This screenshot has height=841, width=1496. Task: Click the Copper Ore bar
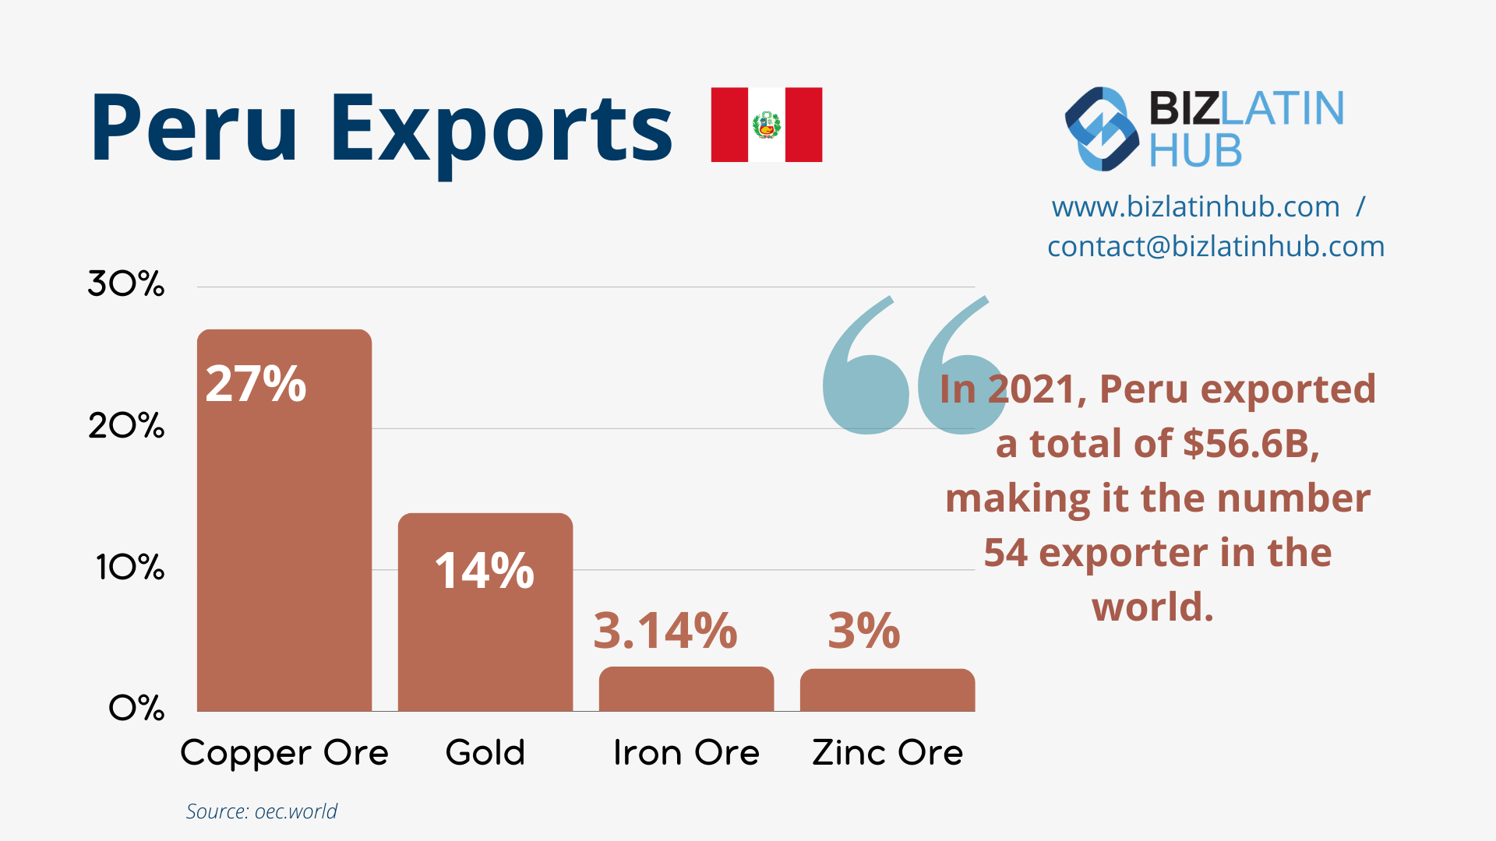[x=284, y=545]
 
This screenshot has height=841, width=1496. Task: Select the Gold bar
[x=485, y=639]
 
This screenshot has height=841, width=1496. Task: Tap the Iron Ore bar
[x=686, y=690]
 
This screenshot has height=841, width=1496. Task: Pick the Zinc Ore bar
[x=887, y=691]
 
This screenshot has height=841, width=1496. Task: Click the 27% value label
[x=256, y=384]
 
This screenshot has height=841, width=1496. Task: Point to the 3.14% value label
[x=665, y=630]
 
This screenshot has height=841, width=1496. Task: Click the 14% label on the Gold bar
[x=485, y=571]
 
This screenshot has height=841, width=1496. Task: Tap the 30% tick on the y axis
[x=126, y=284]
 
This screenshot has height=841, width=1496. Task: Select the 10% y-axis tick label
[x=130, y=568]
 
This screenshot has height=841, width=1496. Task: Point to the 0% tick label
[x=136, y=709]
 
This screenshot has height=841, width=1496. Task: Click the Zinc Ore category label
[x=887, y=753]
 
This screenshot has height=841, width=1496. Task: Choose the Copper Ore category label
[x=284, y=753]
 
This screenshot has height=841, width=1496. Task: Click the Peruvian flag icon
[x=767, y=125]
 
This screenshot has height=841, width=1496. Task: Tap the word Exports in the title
[x=501, y=128]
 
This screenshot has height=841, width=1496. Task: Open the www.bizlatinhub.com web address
[x=1195, y=207]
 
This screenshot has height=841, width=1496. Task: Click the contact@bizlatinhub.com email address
[x=1215, y=247]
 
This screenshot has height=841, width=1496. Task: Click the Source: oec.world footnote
[x=262, y=811]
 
